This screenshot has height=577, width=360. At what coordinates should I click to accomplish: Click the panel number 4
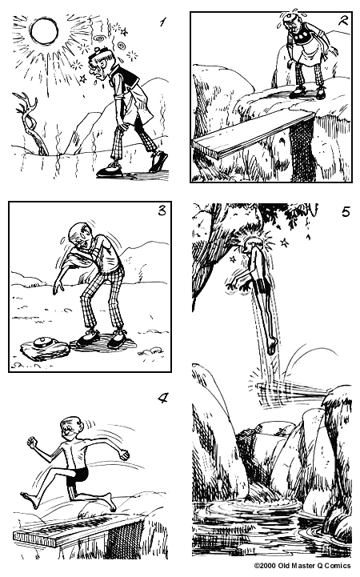(162, 398)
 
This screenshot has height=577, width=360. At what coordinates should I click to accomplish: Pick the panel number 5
(345, 212)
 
